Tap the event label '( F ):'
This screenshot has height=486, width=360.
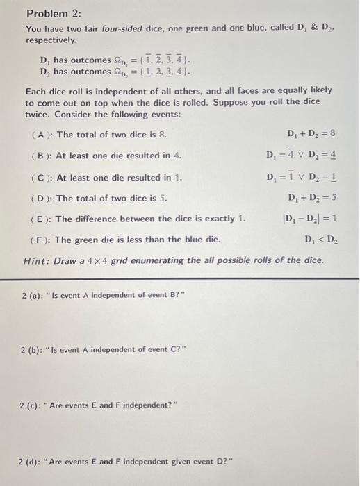point(42,240)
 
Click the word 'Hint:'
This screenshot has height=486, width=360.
point(38,261)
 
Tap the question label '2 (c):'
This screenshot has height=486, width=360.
point(33,405)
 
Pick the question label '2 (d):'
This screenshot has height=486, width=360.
point(33,460)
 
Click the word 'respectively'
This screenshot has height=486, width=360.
point(52,40)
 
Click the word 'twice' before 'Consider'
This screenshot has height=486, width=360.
point(37,112)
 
